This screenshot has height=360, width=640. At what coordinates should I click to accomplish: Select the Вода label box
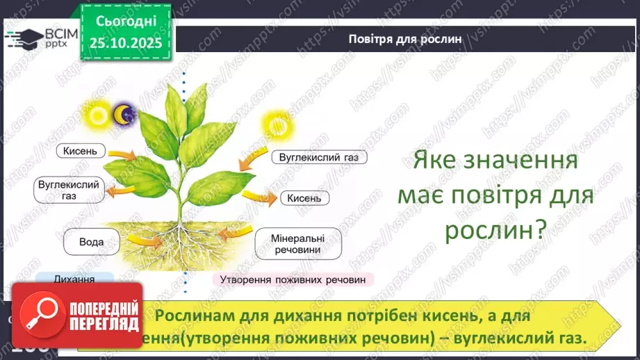[x=92, y=242]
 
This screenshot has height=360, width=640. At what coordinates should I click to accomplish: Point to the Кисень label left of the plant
[x=84, y=150]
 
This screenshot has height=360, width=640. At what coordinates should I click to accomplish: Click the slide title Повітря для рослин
[x=405, y=38]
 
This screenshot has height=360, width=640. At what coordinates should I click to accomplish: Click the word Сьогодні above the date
[x=126, y=22]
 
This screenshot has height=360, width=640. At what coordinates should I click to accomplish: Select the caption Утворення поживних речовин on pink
[x=292, y=279]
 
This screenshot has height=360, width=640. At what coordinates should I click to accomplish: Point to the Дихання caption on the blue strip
[x=74, y=278]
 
